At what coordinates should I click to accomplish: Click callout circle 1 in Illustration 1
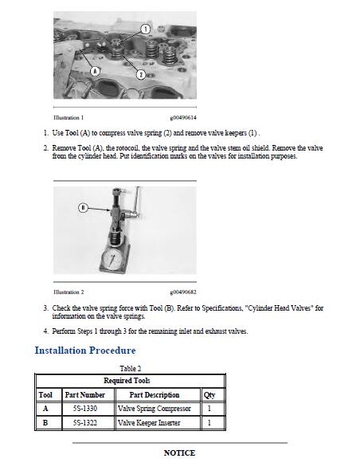point(146,29)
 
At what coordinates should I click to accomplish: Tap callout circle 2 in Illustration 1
point(141,74)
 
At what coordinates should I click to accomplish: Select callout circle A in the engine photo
point(96,72)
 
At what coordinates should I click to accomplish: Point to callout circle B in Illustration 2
point(83,208)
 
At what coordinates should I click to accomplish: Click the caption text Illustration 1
point(68,117)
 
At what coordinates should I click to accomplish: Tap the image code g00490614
point(183,118)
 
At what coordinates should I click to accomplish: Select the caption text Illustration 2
point(68,292)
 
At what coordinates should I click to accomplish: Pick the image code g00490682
point(183,292)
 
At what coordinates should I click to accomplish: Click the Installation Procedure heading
point(85,351)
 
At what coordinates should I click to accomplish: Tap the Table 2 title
point(131,369)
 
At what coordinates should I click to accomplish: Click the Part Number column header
point(85,395)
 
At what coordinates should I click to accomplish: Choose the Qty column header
point(209,395)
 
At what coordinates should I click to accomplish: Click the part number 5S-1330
point(85,409)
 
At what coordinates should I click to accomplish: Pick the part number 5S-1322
point(85,422)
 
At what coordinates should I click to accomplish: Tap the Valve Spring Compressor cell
point(155,409)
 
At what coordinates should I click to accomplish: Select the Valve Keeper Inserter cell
point(149,422)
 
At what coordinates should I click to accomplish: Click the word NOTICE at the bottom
point(179,452)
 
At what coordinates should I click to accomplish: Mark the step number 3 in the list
point(45,308)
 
